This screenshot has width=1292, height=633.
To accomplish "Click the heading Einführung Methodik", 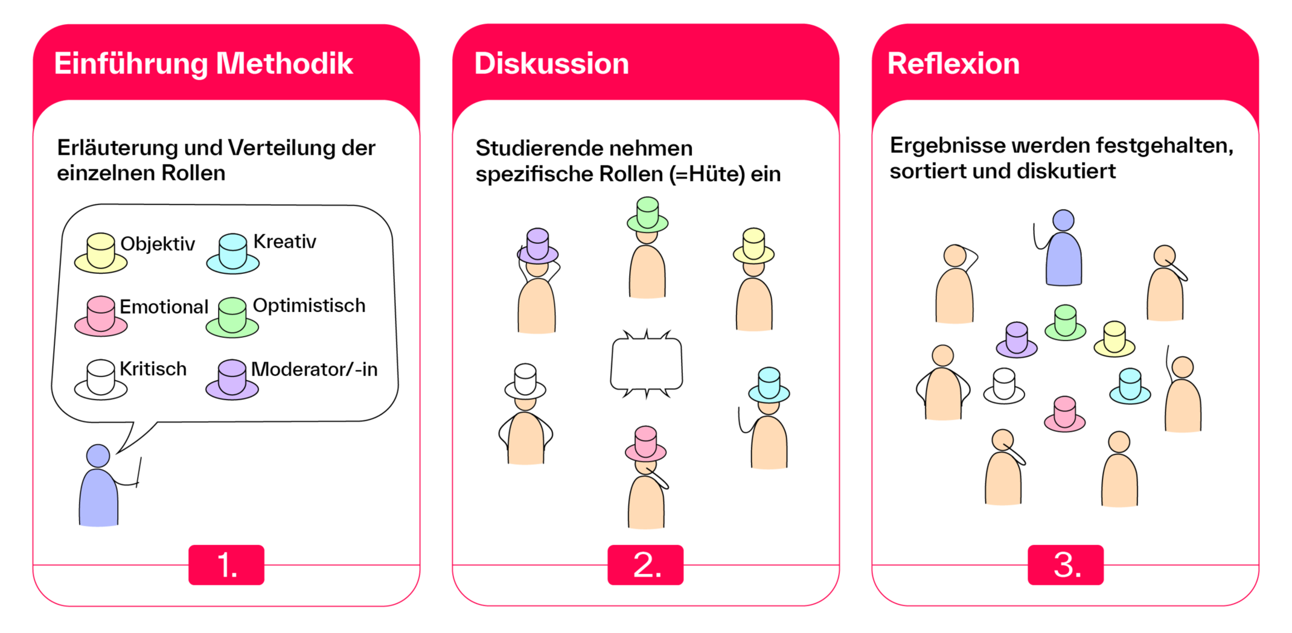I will coord(203,64).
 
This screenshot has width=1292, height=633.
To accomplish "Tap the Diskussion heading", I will coord(551,64).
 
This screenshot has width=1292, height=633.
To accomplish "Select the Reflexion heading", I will coord(953,64).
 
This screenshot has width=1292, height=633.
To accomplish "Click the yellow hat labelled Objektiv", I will coord(101,253).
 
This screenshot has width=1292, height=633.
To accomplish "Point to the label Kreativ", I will coord(284,242).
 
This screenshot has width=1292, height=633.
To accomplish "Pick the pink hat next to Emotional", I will coord(101,316).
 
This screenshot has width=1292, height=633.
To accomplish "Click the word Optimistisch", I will coord(309,305).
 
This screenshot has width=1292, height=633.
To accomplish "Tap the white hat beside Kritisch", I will coord(101,379).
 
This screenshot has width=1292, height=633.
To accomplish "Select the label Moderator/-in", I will coord(314,369).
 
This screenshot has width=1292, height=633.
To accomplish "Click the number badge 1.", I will coord(226,565).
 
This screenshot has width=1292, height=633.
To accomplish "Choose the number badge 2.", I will coord(645,565).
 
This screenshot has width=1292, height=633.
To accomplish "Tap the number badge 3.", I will coord(1066,565).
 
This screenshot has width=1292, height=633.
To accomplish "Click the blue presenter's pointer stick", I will coord(139,472).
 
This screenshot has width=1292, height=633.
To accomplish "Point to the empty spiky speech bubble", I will coord(647,364).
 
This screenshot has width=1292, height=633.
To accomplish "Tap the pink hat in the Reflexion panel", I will coord(1064,413).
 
